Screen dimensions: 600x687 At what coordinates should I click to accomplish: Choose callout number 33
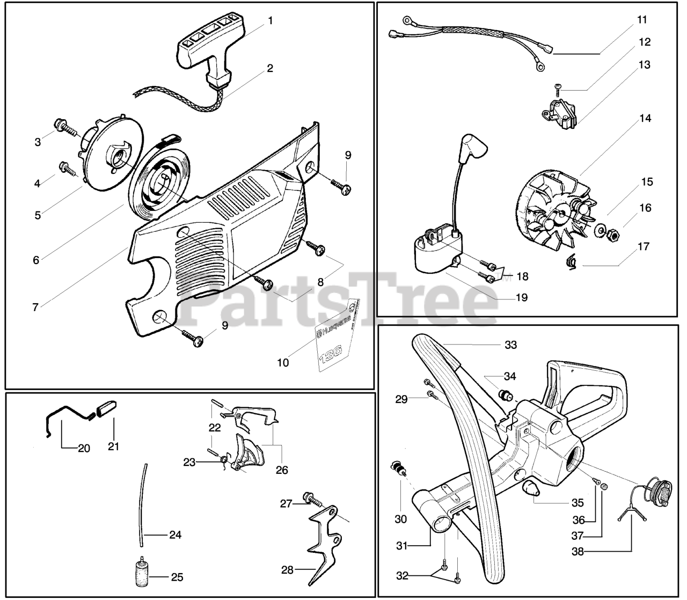click(511, 345)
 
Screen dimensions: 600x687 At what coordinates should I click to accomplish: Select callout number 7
click(35, 308)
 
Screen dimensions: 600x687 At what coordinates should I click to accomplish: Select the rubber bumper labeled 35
click(532, 488)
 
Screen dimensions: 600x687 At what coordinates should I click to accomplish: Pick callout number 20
click(84, 448)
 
